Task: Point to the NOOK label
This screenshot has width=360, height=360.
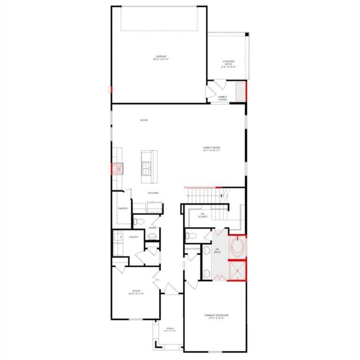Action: coord(144,120)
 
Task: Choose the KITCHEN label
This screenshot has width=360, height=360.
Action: coord(153,193)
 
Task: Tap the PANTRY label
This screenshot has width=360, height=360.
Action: coord(123,209)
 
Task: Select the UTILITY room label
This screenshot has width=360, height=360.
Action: coord(133,238)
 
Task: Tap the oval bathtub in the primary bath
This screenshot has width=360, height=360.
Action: coord(237,247)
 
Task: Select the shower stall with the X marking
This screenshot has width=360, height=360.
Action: coord(237,270)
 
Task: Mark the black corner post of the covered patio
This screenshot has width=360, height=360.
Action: coord(247,34)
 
